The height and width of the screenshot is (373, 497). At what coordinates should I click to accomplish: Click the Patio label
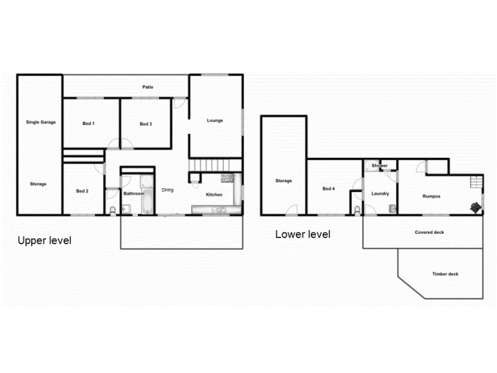[147, 87]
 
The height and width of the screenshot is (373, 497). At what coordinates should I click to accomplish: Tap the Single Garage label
[40, 122]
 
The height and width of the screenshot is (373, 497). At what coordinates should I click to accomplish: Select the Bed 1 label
[88, 124]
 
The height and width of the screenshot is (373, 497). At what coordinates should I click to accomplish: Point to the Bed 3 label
[145, 124]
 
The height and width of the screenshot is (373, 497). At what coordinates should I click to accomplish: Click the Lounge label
[214, 121]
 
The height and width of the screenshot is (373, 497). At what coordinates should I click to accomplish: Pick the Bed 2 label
[82, 191]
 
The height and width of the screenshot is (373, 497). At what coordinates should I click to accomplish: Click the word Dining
[167, 190]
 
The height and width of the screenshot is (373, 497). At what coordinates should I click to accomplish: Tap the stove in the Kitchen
[227, 178]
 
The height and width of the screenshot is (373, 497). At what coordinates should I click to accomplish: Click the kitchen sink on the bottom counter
[218, 210]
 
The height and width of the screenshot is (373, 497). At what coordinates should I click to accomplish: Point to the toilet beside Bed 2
[112, 210]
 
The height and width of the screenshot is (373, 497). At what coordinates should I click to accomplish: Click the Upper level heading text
[45, 241]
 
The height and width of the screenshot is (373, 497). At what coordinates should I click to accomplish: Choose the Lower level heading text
[303, 234]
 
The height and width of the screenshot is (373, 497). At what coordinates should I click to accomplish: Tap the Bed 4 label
[329, 188]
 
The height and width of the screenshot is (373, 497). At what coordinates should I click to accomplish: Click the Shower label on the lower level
[380, 166]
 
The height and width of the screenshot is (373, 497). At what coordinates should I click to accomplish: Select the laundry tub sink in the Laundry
[391, 208]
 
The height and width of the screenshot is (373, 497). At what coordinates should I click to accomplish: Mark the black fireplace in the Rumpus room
[475, 207]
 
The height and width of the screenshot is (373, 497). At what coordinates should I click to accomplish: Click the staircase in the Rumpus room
[476, 182]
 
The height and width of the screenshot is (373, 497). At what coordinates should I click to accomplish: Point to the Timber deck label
[445, 274]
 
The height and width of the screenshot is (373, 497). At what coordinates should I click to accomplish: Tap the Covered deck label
[429, 233]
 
